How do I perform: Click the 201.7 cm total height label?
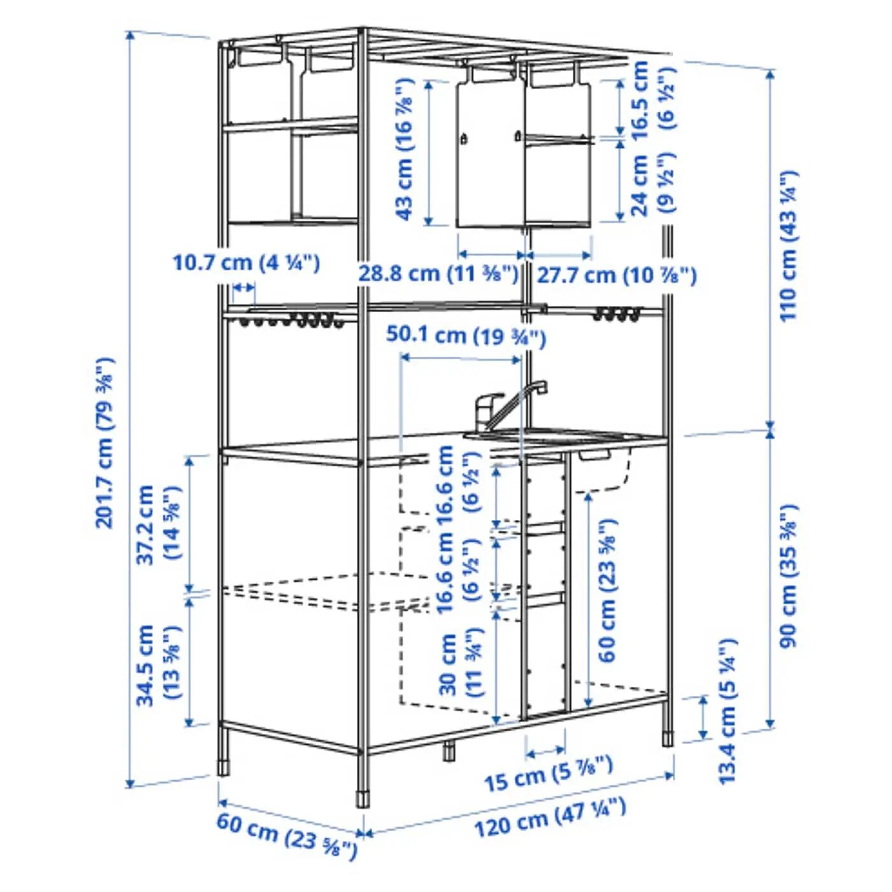(x=104, y=442)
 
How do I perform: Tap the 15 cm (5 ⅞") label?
(x=549, y=779)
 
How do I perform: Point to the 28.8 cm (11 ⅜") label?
(x=438, y=274)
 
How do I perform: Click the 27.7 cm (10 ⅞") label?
(x=616, y=276)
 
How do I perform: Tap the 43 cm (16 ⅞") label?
(x=404, y=150)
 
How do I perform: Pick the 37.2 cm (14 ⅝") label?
(x=157, y=524)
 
